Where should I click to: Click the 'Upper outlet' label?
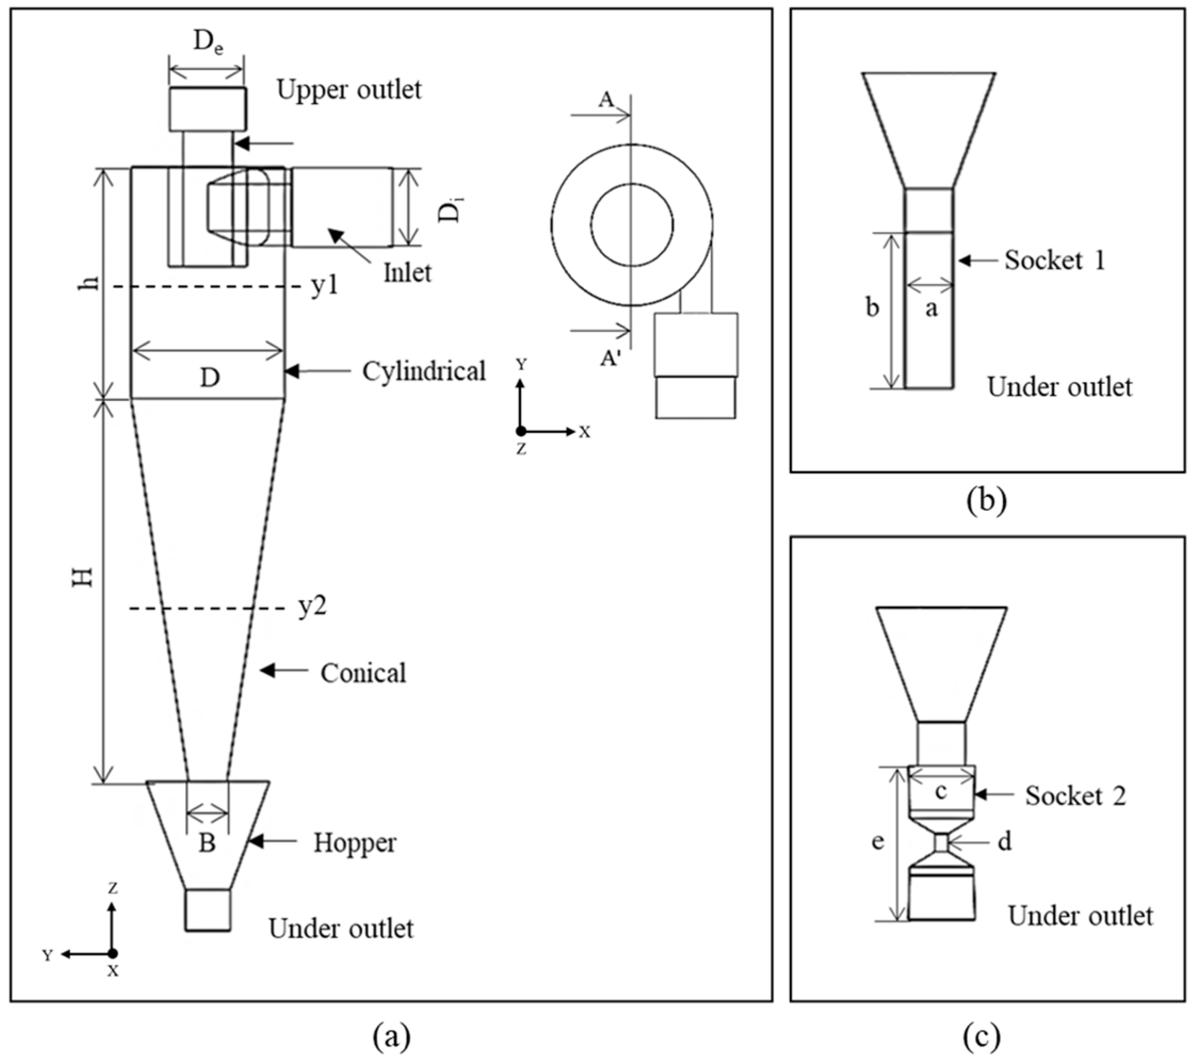[349, 90]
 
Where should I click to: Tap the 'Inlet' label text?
[407, 273]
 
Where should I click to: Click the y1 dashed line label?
[325, 286]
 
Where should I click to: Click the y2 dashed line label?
[312, 606]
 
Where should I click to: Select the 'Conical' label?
[363, 673]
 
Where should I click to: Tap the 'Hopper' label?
[355, 843]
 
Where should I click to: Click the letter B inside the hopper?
[207, 843]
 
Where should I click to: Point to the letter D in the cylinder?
[209, 378]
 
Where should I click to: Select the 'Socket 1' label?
[1055, 260]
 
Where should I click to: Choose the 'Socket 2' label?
[1075, 796]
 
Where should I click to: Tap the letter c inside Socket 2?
[941, 792]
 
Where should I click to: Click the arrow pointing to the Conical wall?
[284, 671]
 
